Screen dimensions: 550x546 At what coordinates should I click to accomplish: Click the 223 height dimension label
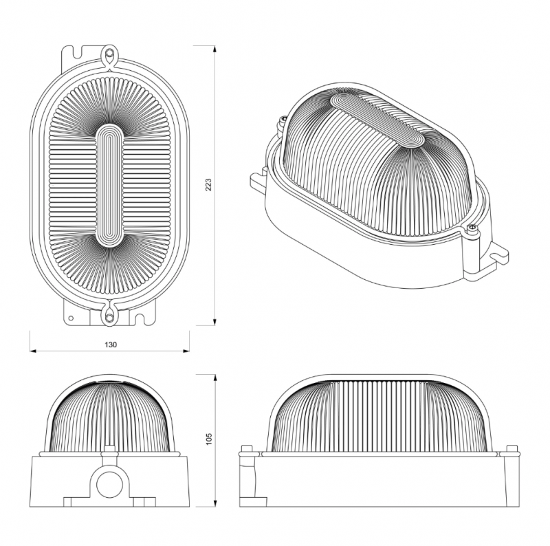coord(208,184)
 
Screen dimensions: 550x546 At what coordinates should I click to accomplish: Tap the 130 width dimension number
coord(111,345)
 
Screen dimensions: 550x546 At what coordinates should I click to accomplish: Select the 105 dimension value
coord(209,439)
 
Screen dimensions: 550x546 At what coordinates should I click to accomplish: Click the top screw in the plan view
coord(110,54)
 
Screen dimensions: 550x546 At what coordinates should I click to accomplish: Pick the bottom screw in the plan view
coord(110,318)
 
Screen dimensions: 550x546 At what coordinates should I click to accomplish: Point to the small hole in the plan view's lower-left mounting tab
coord(71,318)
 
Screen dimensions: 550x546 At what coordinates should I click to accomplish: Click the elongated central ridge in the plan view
coord(110,186)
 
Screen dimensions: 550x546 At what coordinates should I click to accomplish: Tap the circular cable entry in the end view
coord(109,485)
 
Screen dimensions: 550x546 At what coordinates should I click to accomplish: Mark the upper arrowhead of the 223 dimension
coord(214,49)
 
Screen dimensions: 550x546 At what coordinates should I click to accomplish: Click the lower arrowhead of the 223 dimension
coord(214,322)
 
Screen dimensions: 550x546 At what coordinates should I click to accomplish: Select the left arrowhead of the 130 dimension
coord(33,351)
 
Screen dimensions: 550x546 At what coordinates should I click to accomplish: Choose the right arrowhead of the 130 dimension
coord(186,351)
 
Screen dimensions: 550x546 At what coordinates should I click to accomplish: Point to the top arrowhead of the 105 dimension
coord(214,378)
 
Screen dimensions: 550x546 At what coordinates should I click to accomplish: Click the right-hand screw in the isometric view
coord(472,228)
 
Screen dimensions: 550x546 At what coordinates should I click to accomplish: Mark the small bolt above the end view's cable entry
coord(110,450)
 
